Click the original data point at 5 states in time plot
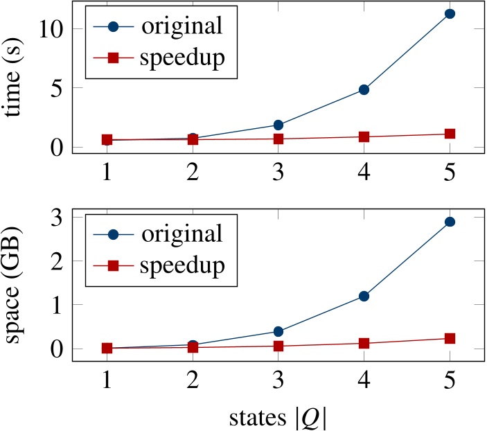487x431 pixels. [450, 14]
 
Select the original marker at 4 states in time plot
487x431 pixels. [364, 89]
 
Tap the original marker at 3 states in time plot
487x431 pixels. [278, 125]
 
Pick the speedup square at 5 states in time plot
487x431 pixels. [450, 134]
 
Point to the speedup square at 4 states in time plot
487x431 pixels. [364, 137]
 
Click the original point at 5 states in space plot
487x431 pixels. [450, 222]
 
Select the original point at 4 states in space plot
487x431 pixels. [364, 297]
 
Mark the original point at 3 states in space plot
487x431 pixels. [278, 331]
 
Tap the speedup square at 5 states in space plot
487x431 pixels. [450, 338]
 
